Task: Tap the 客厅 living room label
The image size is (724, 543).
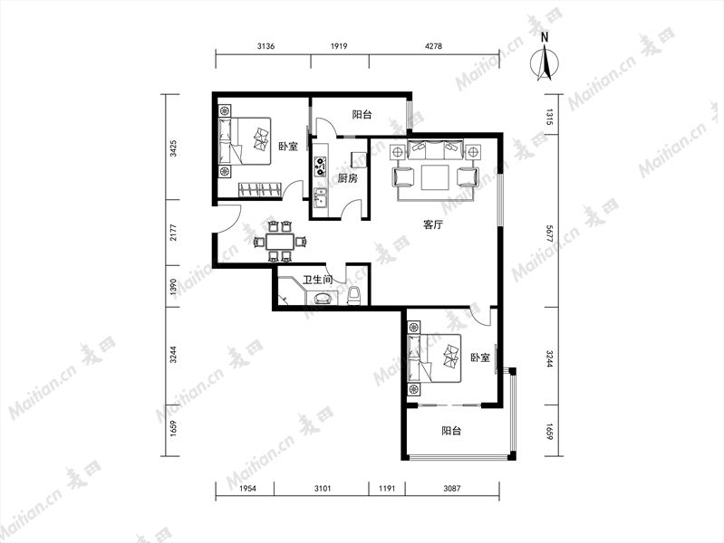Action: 433,225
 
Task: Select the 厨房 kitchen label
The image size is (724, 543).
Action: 347,178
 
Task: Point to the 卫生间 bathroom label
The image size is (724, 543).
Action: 318,280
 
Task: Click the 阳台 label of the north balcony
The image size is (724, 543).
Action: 362,115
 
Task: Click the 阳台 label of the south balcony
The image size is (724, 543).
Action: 451,431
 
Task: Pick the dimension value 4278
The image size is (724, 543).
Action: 433,46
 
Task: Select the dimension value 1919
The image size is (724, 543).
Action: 339,46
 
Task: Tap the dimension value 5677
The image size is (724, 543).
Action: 549,234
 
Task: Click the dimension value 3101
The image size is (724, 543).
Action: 323,488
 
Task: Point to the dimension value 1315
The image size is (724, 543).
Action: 549,117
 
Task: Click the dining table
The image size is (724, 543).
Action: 280,242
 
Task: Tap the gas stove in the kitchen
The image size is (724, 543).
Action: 320,167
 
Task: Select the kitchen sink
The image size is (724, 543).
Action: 320,198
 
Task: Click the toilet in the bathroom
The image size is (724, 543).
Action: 353,295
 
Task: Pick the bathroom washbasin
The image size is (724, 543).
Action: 323,298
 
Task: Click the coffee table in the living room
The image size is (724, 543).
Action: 436,177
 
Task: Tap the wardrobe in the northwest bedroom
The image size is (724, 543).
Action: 259,190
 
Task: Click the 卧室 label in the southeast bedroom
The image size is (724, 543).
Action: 480,357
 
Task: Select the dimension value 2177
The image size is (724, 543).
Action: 173,232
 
